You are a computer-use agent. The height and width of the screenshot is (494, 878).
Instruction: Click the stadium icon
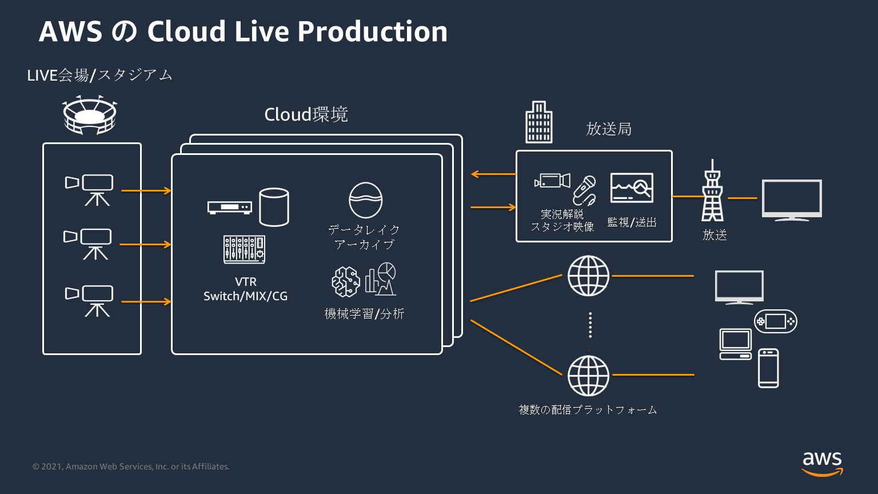(89, 115)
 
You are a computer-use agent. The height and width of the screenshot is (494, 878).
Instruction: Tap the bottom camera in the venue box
(90, 301)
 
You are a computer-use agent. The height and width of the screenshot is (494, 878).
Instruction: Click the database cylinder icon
(274, 207)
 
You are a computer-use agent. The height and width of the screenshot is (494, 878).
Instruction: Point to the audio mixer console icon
(244, 250)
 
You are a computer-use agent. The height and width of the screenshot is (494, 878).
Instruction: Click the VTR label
(246, 282)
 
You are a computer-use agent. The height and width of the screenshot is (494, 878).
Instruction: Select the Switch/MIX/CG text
(246, 296)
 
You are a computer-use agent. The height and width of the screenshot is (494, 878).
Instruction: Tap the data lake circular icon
(366, 200)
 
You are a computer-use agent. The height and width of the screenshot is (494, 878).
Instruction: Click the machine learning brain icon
(346, 281)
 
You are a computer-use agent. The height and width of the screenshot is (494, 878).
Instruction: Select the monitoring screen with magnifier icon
(632, 188)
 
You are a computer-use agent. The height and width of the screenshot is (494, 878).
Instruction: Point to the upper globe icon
(588, 276)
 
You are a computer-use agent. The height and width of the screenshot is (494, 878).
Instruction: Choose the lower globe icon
(588, 376)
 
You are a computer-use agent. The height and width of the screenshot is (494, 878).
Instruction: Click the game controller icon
(775, 321)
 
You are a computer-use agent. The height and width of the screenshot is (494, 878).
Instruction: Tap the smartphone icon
(768, 368)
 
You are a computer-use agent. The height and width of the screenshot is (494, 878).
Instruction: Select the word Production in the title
(372, 31)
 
